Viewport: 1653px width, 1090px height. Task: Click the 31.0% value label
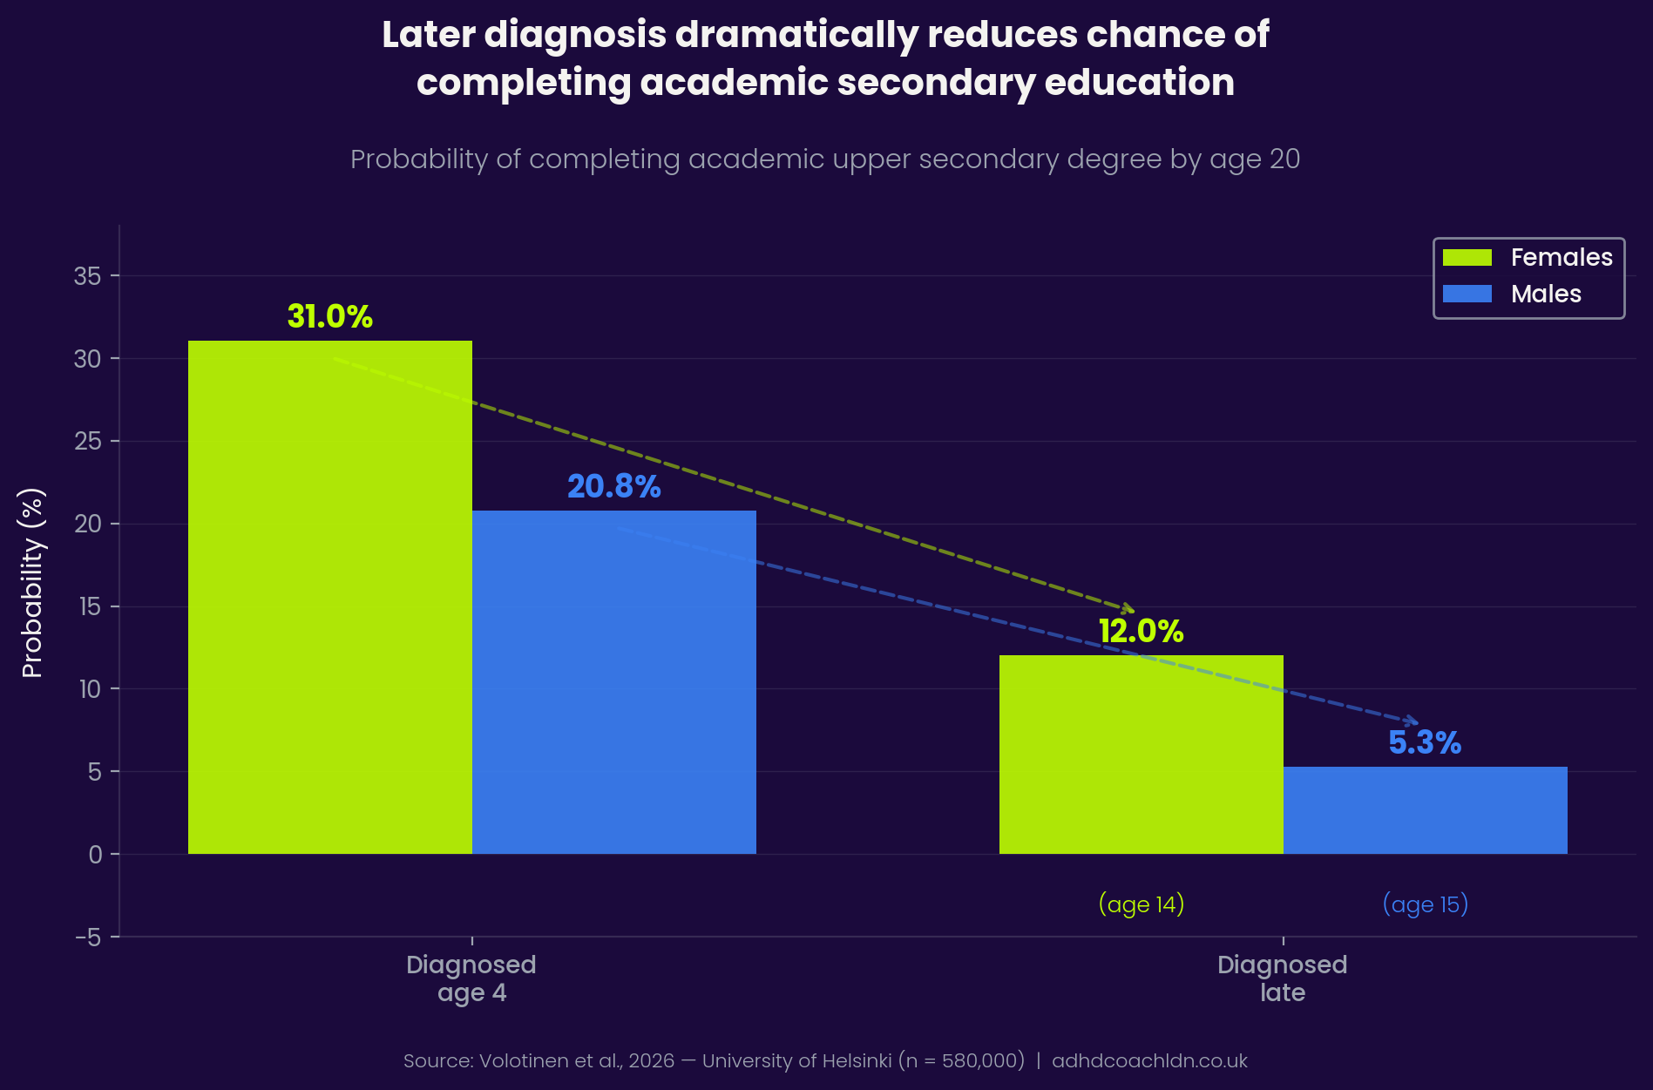[x=329, y=316]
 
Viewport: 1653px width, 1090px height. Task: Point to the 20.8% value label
[x=613, y=486]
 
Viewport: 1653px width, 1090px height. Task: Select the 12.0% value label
[x=1141, y=632]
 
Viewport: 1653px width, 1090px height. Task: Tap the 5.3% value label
[x=1425, y=742]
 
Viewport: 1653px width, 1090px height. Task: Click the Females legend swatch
[x=1467, y=258]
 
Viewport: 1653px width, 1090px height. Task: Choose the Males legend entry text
[x=1546, y=295]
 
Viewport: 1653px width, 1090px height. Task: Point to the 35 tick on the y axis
[x=87, y=276]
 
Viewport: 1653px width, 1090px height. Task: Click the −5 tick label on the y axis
[x=87, y=938]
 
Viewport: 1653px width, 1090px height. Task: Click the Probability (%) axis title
[x=31, y=583]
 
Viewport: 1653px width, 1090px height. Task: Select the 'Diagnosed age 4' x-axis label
[x=471, y=978]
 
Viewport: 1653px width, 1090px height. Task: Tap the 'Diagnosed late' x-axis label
[x=1282, y=978]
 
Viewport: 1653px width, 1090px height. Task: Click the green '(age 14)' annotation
[x=1141, y=904]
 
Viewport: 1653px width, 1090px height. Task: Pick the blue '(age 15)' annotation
[x=1425, y=904]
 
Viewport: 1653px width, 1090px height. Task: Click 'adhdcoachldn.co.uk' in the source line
[x=1149, y=1061]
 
